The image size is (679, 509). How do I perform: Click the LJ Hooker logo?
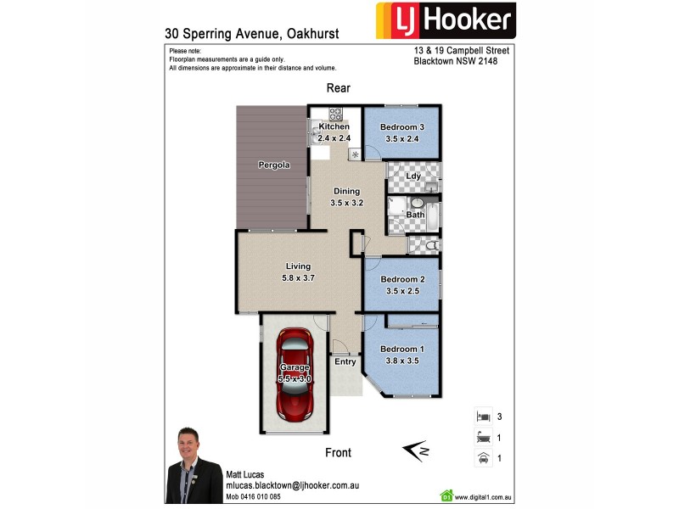click(x=446, y=21)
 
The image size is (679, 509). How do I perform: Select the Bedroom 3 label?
click(x=401, y=127)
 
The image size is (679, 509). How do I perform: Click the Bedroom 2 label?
click(x=401, y=279)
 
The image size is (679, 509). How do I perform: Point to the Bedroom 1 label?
click(x=401, y=349)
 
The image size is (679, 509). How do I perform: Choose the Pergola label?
click(x=274, y=165)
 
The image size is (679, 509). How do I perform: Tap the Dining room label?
click(x=346, y=191)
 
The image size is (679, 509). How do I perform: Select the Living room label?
click(x=298, y=266)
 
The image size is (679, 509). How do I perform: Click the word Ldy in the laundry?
click(x=413, y=176)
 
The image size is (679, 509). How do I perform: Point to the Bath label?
click(x=415, y=215)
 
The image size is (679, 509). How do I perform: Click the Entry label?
click(x=345, y=361)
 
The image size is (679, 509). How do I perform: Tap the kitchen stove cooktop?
click(x=334, y=114)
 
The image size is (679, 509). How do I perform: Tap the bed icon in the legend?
click(x=482, y=417)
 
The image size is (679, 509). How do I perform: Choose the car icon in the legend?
click(x=482, y=458)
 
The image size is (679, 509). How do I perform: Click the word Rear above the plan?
click(x=339, y=88)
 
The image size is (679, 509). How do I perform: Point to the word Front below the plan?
click(x=338, y=453)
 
